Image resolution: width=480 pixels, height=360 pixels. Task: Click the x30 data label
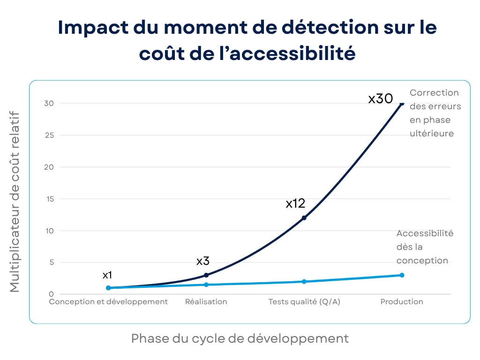point(380,99)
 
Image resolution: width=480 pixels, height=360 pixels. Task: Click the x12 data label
point(295,203)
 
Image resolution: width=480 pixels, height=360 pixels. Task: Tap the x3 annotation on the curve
point(202,261)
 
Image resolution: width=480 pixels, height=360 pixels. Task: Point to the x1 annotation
point(107,275)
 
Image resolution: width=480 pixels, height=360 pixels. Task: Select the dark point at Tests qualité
point(304,218)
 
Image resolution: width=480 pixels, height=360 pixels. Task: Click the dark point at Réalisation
point(206,275)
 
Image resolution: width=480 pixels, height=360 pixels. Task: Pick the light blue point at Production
point(402,275)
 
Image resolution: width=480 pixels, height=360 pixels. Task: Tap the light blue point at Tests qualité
point(304,282)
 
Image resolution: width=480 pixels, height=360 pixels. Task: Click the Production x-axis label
point(402,302)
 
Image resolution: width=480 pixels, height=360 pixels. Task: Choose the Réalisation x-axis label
point(206,302)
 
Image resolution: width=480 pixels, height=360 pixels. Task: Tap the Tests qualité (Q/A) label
point(304,302)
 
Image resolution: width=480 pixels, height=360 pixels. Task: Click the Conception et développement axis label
point(108,302)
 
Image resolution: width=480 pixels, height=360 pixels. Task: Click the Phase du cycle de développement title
point(240,338)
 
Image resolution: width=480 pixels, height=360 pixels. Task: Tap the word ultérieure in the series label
point(431,134)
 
